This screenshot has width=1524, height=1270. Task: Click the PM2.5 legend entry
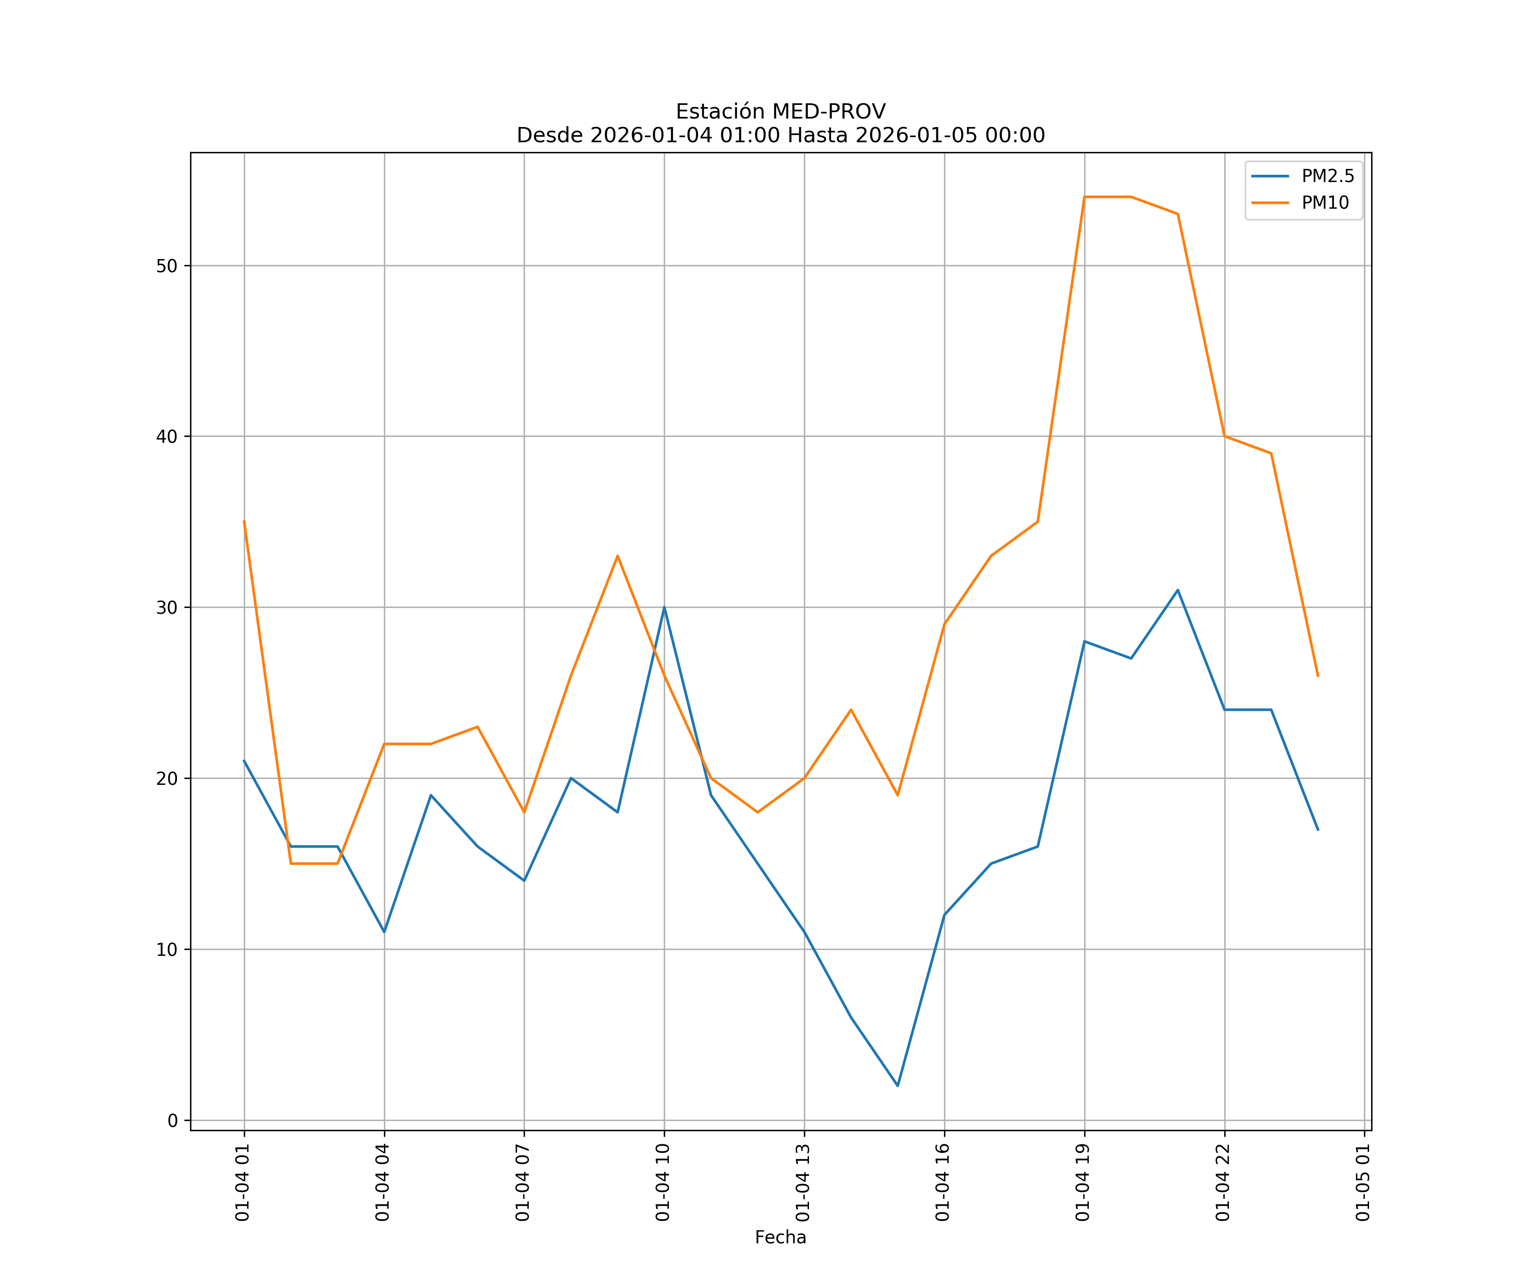pos(1327,177)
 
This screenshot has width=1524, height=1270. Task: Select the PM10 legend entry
pos(1325,203)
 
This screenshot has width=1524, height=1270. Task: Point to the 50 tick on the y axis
pos(167,265)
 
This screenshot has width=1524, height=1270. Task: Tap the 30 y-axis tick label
pos(167,607)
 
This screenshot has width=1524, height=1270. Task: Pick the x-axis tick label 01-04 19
pos(1083,1183)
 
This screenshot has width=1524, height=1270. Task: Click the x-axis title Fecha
pos(780,1237)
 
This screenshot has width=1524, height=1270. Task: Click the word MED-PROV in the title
pos(828,112)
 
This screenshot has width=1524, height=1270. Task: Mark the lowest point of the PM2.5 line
pos(898,1086)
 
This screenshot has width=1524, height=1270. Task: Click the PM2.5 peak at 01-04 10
pos(664,607)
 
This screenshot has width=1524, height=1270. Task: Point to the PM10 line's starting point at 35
pos(244,521)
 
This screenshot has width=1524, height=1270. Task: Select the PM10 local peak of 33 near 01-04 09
pos(618,556)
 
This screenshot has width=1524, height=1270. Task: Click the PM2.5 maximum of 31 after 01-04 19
pos(1178,590)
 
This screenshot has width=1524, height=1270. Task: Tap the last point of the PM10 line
pos(1318,676)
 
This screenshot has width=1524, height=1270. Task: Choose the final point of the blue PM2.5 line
pos(1318,829)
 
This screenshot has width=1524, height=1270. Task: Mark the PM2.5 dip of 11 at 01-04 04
pos(384,932)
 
